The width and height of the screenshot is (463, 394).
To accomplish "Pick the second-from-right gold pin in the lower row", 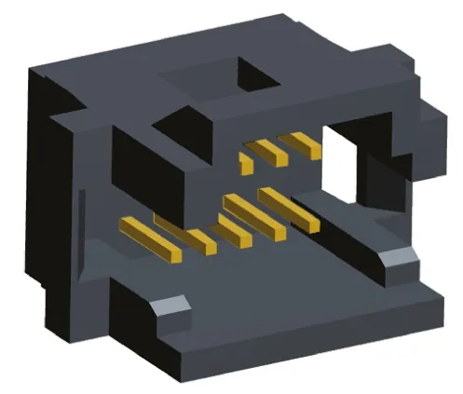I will [x=252, y=216].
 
